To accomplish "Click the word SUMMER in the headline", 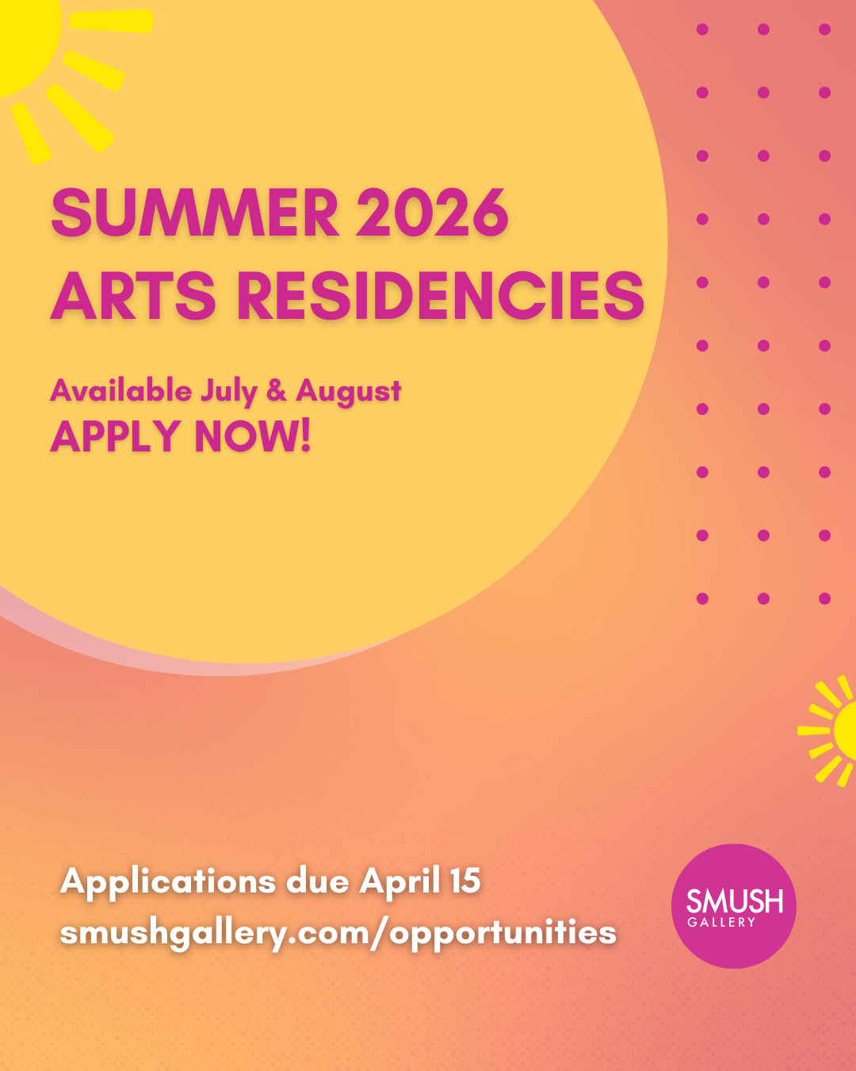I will [195, 213].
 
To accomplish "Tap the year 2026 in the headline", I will [432, 213].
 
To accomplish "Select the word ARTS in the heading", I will [134, 295].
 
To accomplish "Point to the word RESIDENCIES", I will [441, 295].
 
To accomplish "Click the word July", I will [228, 391].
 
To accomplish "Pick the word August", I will [349, 391].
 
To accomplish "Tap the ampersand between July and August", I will [277, 390].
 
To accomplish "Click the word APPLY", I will [116, 436].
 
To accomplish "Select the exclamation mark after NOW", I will [304, 436].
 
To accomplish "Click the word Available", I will [121, 390].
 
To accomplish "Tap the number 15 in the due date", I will [465, 881].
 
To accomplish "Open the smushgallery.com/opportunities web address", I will [338, 933].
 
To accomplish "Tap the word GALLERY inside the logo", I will [721, 922].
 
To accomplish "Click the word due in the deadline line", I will [318, 881].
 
